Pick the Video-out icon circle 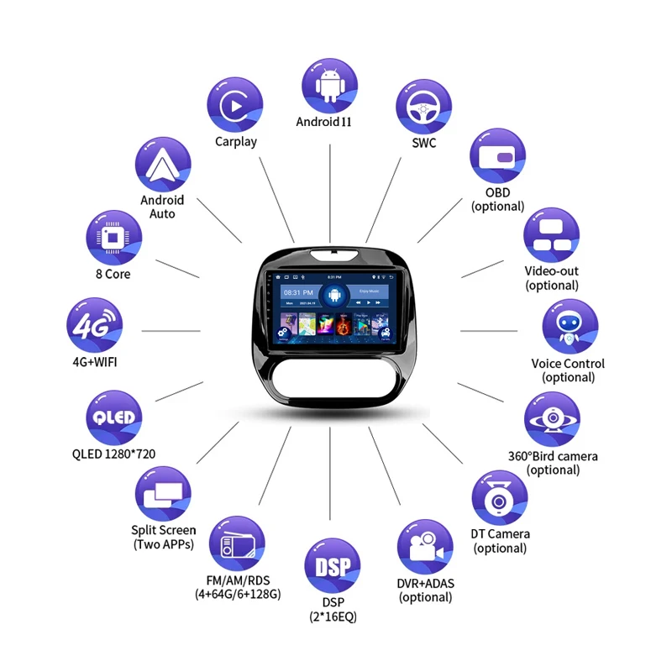[552, 236]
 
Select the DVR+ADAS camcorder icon [425, 548]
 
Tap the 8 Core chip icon [113, 237]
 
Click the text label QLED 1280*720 [113, 454]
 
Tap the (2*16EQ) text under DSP [333, 617]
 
